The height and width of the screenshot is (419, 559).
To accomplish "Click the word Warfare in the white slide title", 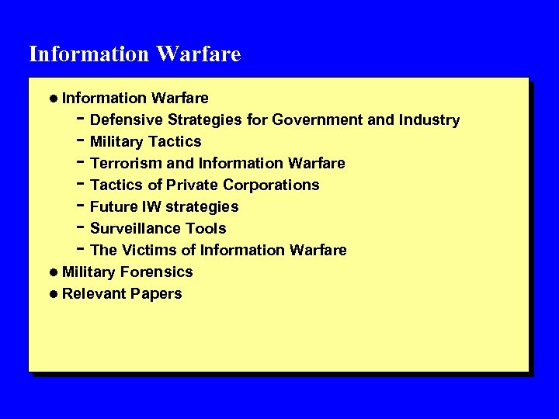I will [198, 54].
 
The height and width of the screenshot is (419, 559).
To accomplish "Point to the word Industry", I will [429, 120].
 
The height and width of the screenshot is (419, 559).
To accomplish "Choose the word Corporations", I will [271, 185].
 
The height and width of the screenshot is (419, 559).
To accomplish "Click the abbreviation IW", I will [151, 207].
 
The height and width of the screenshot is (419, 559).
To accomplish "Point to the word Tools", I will [203, 229].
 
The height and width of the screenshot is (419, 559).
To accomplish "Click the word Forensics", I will [157, 272].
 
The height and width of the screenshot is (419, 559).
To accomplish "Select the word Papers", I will [156, 294].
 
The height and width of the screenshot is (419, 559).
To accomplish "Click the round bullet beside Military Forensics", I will [52, 272].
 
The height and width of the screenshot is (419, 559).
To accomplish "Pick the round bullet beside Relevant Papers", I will [52, 294].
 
